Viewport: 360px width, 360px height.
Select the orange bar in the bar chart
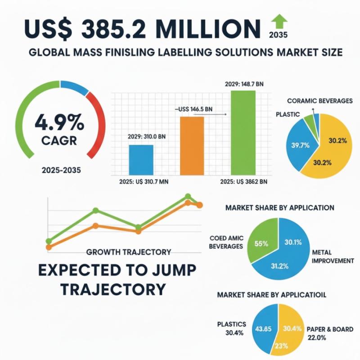[x=192, y=145]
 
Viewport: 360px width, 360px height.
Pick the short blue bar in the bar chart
[x=141, y=159]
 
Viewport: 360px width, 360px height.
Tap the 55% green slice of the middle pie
[x=262, y=243]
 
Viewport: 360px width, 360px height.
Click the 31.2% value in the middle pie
[x=280, y=265]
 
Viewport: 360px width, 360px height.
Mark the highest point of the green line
[x=188, y=196]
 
